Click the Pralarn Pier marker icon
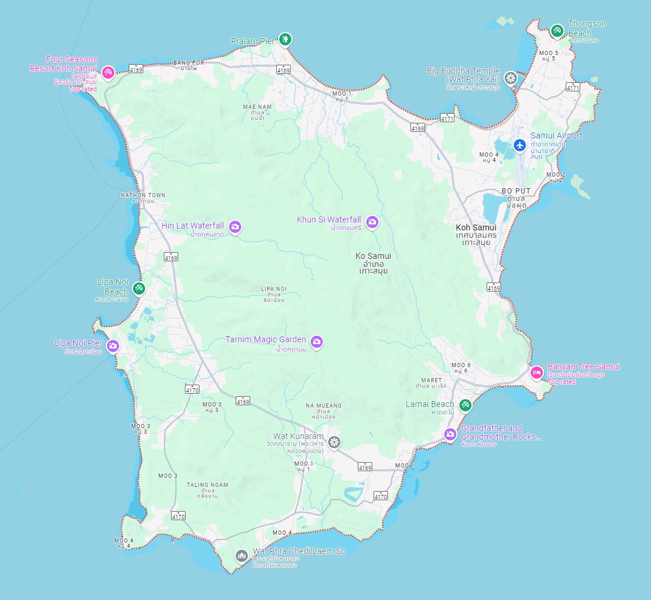click(285, 40)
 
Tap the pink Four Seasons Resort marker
click(108, 73)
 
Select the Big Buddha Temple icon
click(511, 78)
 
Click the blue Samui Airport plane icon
click(519, 145)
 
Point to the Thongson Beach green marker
click(557, 30)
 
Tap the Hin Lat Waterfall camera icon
click(235, 227)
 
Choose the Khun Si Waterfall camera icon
click(372, 222)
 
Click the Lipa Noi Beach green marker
click(139, 288)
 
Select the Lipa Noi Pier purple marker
click(112, 346)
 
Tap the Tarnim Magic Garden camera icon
click(317, 342)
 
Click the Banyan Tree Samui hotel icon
click(536, 373)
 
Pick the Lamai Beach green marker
click(465, 405)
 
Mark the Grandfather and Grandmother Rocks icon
click(450, 434)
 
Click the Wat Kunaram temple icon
click(334, 443)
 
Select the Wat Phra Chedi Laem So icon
click(242, 555)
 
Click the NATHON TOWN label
click(143, 195)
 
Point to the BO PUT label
click(516, 191)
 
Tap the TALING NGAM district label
click(207, 484)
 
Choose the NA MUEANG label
click(323, 406)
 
